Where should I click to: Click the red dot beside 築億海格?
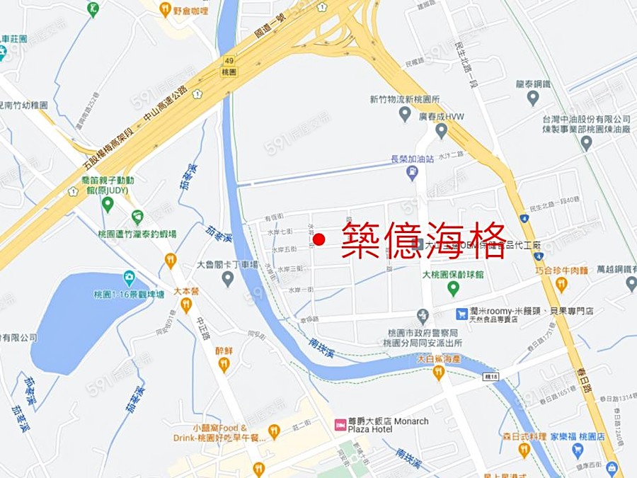click(319, 241)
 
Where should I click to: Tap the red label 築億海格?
click(423, 241)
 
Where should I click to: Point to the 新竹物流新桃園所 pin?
click(405, 113)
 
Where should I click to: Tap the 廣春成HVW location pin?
click(441, 130)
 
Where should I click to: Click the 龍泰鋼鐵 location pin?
click(533, 98)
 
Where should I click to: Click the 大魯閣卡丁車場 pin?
click(228, 278)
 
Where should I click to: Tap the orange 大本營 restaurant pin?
click(186, 305)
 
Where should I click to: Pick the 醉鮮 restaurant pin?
click(224, 364)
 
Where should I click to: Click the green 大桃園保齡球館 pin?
click(453, 288)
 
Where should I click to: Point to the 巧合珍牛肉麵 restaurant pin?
click(561, 284)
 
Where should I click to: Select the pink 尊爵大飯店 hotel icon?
click(340, 425)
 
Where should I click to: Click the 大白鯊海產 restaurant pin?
click(438, 372)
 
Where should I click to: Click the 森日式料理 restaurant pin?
click(524, 449)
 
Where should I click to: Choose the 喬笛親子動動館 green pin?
click(108, 205)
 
